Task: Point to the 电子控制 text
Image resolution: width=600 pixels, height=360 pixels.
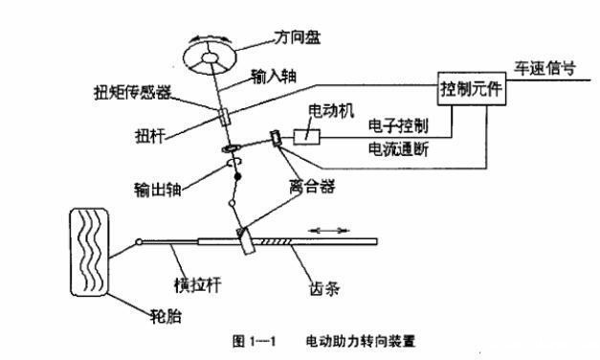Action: (x=396, y=126)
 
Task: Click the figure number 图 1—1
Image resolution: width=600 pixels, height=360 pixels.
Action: (x=256, y=340)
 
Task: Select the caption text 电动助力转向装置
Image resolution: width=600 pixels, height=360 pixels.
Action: (x=361, y=340)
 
